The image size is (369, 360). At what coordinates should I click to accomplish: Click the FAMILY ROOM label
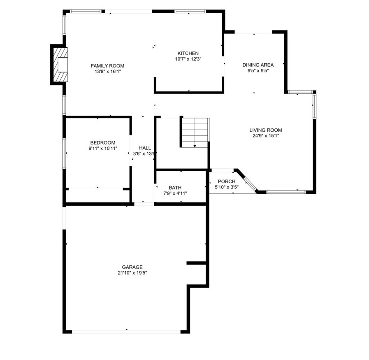tap(107, 66)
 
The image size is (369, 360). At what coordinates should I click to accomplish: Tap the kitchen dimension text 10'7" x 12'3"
tap(188, 59)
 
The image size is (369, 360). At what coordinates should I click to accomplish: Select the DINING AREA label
tap(258, 65)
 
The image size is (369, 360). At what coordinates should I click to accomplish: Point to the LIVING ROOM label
tap(267, 130)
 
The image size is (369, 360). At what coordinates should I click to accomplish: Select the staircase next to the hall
tap(195, 132)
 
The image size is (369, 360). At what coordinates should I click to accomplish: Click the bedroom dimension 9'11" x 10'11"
tap(103, 149)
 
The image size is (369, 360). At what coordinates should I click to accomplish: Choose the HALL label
tap(145, 148)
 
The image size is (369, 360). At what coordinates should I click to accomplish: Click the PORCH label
tap(227, 181)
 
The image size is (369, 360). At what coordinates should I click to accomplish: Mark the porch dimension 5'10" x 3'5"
tap(227, 187)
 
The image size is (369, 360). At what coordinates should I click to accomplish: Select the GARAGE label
tap(132, 267)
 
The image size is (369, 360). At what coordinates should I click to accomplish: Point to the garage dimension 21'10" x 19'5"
tap(132, 273)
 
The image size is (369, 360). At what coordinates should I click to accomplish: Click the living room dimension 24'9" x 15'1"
tap(267, 136)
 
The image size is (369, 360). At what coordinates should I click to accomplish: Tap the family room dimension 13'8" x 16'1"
tap(107, 72)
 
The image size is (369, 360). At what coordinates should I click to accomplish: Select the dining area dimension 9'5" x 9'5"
tap(258, 70)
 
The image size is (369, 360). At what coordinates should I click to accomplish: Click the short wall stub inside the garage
tap(196, 262)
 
